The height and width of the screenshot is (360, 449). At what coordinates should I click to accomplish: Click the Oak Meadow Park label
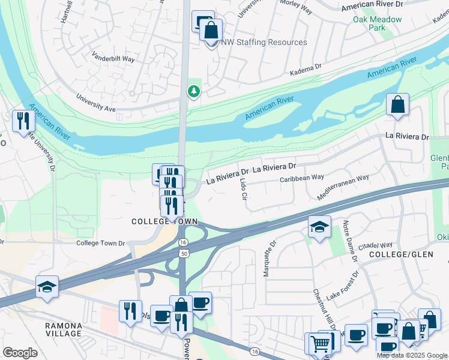pyautogui.click(x=377, y=23)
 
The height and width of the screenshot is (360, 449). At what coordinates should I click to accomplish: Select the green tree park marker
pyautogui.click(x=193, y=92)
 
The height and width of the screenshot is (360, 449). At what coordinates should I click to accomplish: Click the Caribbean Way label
pyautogui.click(x=302, y=178)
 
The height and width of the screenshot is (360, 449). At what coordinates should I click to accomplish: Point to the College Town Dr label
pyautogui.click(x=100, y=243)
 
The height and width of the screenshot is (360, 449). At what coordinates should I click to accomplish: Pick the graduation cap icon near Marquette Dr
pyautogui.click(x=319, y=227)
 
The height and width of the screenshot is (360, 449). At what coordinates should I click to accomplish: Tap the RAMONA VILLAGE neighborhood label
pyautogui.click(x=64, y=329)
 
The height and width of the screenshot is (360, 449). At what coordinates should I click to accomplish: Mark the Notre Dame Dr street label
pyautogui.click(x=350, y=241)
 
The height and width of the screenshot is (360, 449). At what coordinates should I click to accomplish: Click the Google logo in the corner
pyautogui.click(x=20, y=353)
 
